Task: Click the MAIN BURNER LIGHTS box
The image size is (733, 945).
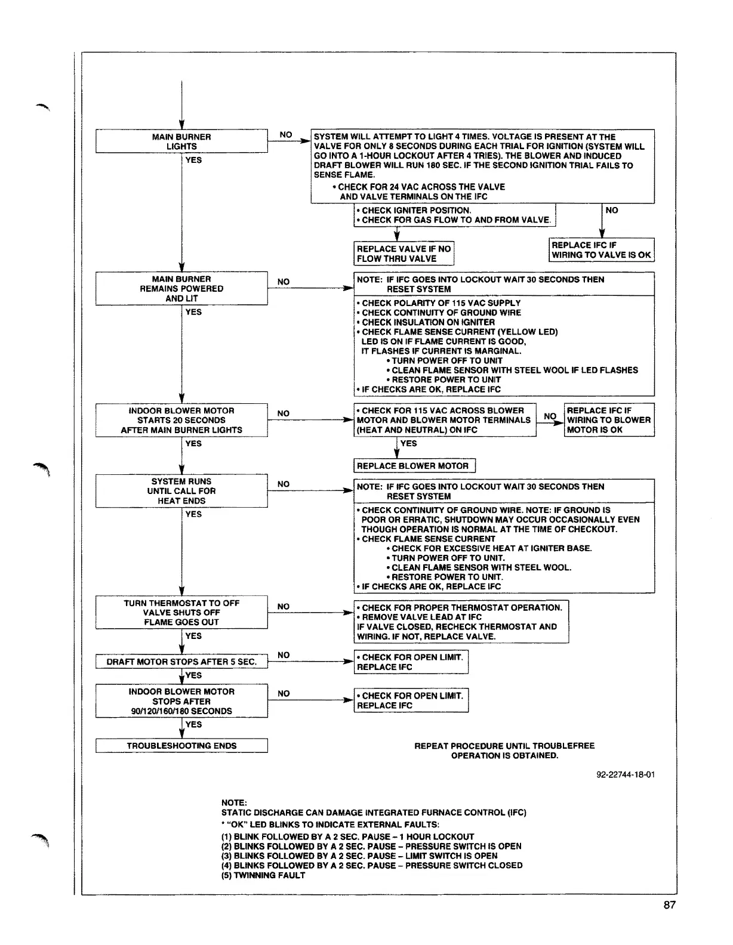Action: (x=181, y=141)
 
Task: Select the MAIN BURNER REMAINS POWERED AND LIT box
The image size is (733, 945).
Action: (x=181, y=289)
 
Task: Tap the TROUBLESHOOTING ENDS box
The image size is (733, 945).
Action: (x=181, y=746)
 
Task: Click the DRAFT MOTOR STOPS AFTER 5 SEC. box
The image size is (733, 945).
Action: (x=181, y=662)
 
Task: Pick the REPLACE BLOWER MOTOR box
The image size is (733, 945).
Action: (x=413, y=466)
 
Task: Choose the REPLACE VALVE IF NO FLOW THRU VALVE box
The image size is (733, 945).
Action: (x=404, y=254)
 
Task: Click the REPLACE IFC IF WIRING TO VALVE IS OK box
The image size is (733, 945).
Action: (x=601, y=250)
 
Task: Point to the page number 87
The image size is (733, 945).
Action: (x=669, y=905)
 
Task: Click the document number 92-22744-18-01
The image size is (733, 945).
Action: (x=626, y=774)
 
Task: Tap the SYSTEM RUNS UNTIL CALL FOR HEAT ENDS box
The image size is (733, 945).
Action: (x=181, y=491)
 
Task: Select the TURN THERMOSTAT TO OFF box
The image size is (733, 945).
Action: (x=181, y=613)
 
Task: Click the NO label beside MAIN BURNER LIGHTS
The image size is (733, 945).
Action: (x=286, y=135)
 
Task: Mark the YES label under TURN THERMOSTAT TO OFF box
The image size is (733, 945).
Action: (x=193, y=636)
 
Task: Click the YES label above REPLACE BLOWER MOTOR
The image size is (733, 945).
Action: (x=409, y=443)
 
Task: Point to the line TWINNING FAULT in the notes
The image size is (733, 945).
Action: (x=263, y=875)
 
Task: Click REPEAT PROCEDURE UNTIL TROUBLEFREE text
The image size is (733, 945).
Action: (x=504, y=746)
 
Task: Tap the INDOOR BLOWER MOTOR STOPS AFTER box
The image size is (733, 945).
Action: (x=181, y=701)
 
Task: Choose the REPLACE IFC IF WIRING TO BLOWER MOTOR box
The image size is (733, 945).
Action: (x=609, y=420)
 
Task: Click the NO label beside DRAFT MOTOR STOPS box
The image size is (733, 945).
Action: (x=284, y=655)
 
